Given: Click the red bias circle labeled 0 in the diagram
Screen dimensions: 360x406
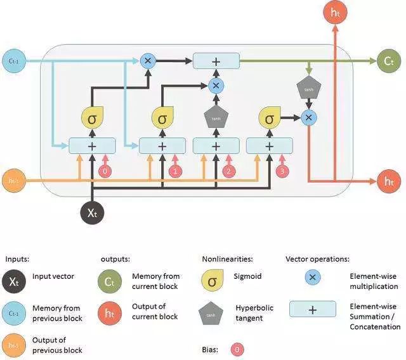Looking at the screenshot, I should coord(107,171).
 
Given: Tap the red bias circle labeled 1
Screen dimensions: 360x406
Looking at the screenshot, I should coord(177,171).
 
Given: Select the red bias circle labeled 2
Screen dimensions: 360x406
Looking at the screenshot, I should coord(230,171).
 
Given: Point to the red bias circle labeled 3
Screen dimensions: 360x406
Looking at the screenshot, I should coord(284,171).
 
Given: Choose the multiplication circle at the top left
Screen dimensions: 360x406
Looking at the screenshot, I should coord(148,61).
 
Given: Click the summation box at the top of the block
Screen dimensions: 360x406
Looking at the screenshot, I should coord(216,61).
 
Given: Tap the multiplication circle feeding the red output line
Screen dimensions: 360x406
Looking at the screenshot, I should coord(308,117).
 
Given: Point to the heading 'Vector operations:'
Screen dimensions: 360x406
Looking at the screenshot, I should coord(317,259).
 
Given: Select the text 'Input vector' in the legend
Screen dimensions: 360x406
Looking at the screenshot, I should coord(54,276).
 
